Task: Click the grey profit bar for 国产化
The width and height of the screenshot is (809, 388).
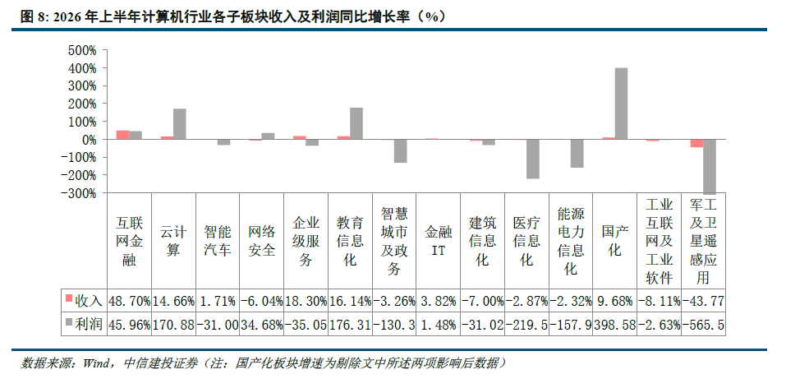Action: click(621, 104)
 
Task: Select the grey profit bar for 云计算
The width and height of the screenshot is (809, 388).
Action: click(180, 124)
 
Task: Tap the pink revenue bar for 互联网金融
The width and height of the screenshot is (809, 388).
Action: click(123, 135)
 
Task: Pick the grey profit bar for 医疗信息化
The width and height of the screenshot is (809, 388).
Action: click(533, 159)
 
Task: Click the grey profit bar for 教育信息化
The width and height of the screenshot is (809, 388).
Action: click(356, 123)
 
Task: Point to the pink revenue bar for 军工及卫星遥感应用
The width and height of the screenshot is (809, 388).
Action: click(696, 143)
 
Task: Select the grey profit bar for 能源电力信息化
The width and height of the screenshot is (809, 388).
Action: click(577, 154)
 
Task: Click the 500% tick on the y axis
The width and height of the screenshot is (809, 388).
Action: click(81, 50)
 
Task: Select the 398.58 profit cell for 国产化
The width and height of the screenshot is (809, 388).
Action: click(614, 325)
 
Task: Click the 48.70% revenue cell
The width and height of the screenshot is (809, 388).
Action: click(130, 301)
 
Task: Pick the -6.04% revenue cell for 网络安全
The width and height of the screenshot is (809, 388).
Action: click(261, 301)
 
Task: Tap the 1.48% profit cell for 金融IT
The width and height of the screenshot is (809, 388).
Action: click(438, 325)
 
